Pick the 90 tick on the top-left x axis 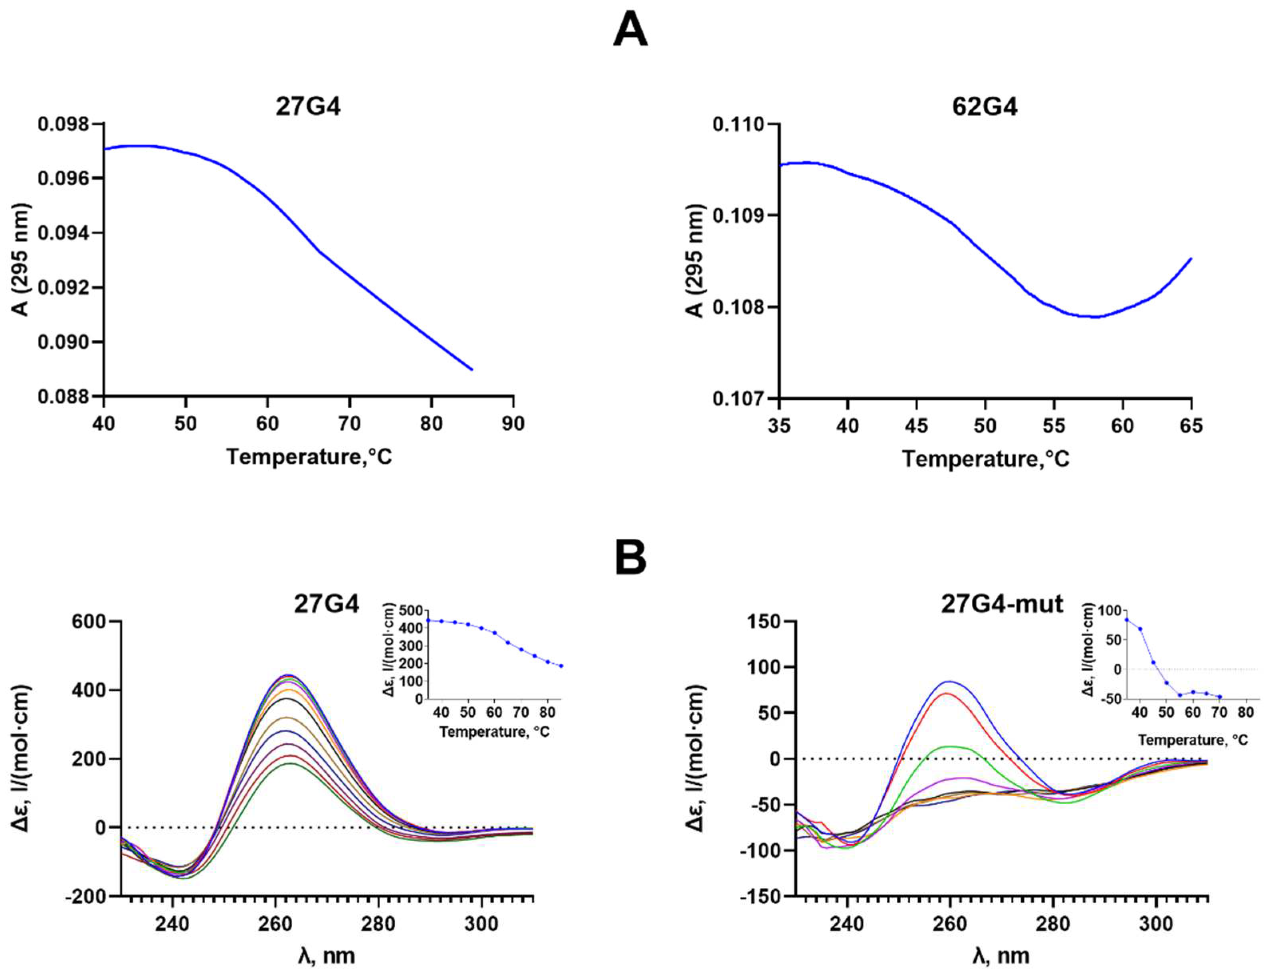click(x=513, y=424)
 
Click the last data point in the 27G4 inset click(x=561, y=666)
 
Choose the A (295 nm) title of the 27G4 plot click(x=21, y=260)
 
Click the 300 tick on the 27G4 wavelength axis click(x=481, y=924)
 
